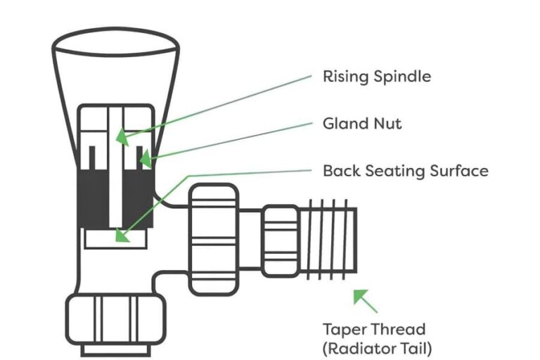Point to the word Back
click(x=340, y=171)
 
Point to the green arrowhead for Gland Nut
click(x=146, y=160)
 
